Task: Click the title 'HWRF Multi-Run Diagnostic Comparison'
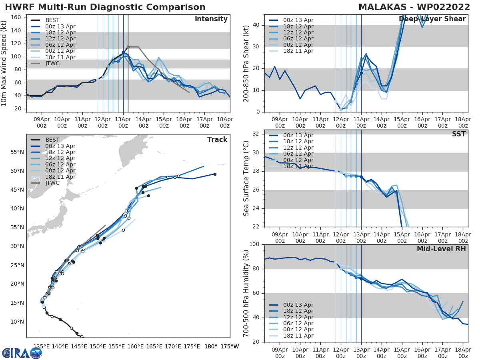click(x=105, y=7)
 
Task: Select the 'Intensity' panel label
click(x=211, y=19)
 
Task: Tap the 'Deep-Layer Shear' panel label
click(x=432, y=19)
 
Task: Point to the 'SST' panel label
click(x=459, y=134)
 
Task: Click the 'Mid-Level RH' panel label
click(x=441, y=249)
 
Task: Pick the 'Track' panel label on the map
click(x=217, y=140)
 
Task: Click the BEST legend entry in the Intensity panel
click(x=52, y=20)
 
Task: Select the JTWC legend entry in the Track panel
click(x=52, y=183)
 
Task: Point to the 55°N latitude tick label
click(x=17, y=152)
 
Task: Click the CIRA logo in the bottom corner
click(x=22, y=353)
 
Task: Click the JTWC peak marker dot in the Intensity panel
click(x=128, y=47)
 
